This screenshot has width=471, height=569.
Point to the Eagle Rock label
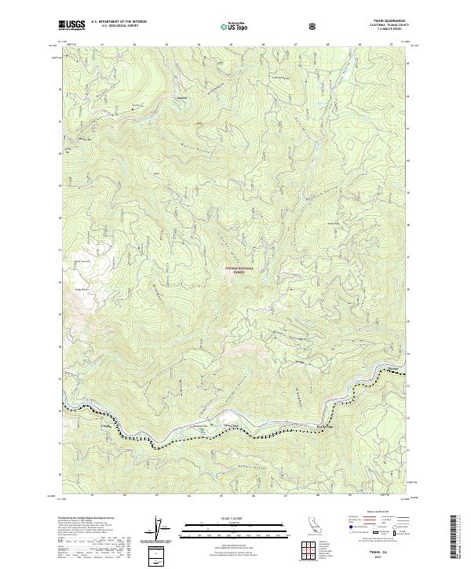pyautogui.click(x=79, y=289)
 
